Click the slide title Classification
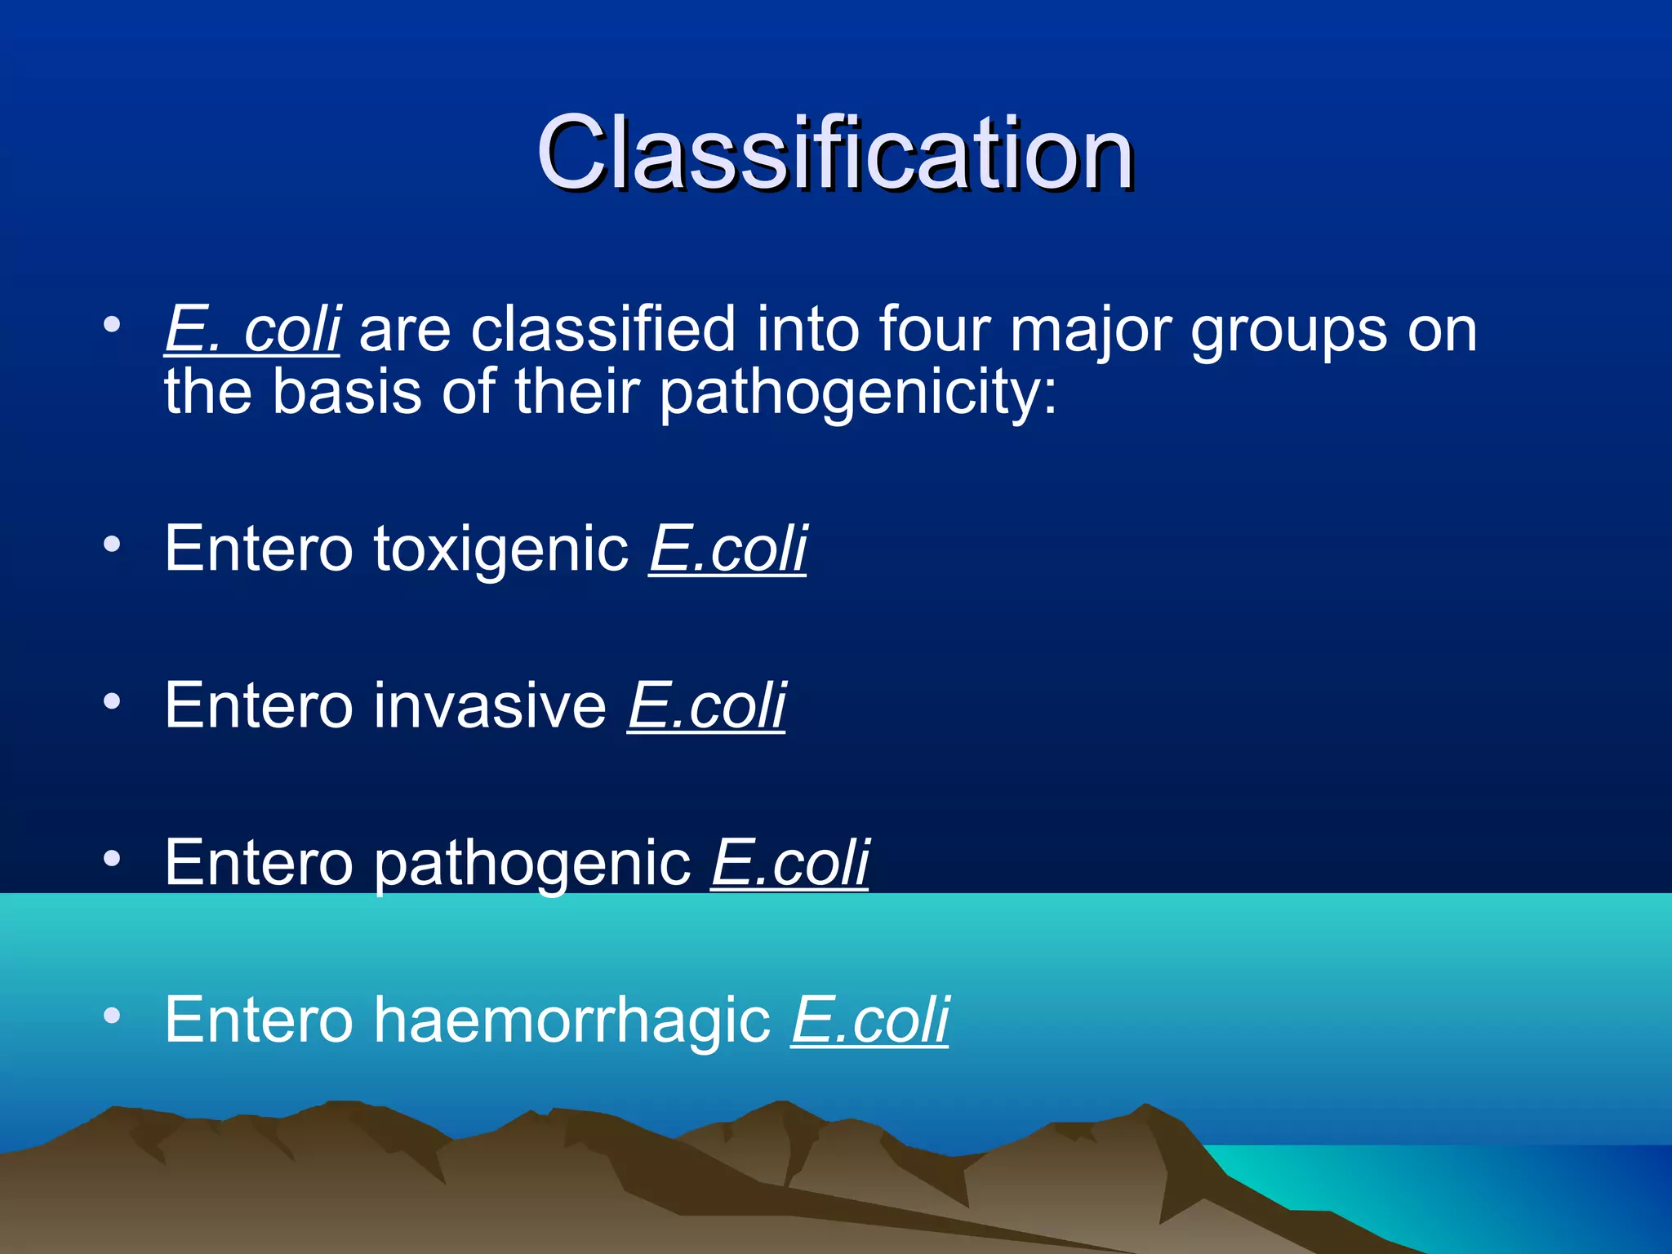click(x=834, y=153)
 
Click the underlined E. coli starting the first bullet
click(x=252, y=331)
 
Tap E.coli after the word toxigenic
click(x=727, y=549)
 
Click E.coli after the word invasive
click(x=706, y=706)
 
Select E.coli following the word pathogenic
click(x=789, y=863)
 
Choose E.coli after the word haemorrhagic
click(x=869, y=1021)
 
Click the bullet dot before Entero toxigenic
click(x=112, y=544)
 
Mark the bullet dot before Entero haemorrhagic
click(x=112, y=1015)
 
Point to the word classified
click(x=603, y=331)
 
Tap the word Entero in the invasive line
click(x=258, y=706)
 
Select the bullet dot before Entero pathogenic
click(x=112, y=858)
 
